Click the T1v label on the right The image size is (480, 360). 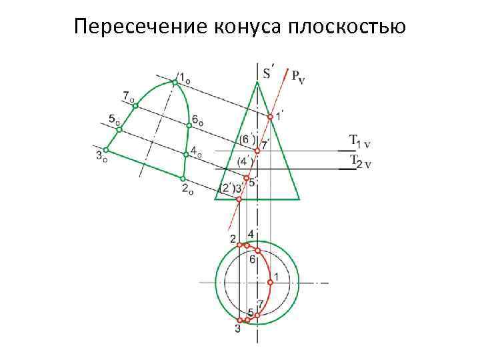pos(361,142)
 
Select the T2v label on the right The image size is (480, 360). pos(361,161)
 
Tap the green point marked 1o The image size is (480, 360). pos(175,82)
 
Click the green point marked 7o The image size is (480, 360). pos(134,105)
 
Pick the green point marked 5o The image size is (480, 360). pos(119,129)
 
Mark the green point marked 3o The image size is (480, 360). pos(105,150)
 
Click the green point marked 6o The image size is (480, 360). pos(189,125)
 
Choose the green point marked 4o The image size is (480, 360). pos(186,155)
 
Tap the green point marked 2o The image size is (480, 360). pos(183,178)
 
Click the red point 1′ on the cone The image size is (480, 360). pos(270,117)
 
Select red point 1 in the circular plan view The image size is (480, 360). pos(270,283)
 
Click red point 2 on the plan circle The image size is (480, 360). pos(239,245)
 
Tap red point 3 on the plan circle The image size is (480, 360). pos(240,321)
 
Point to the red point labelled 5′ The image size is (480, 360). pos(246,178)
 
